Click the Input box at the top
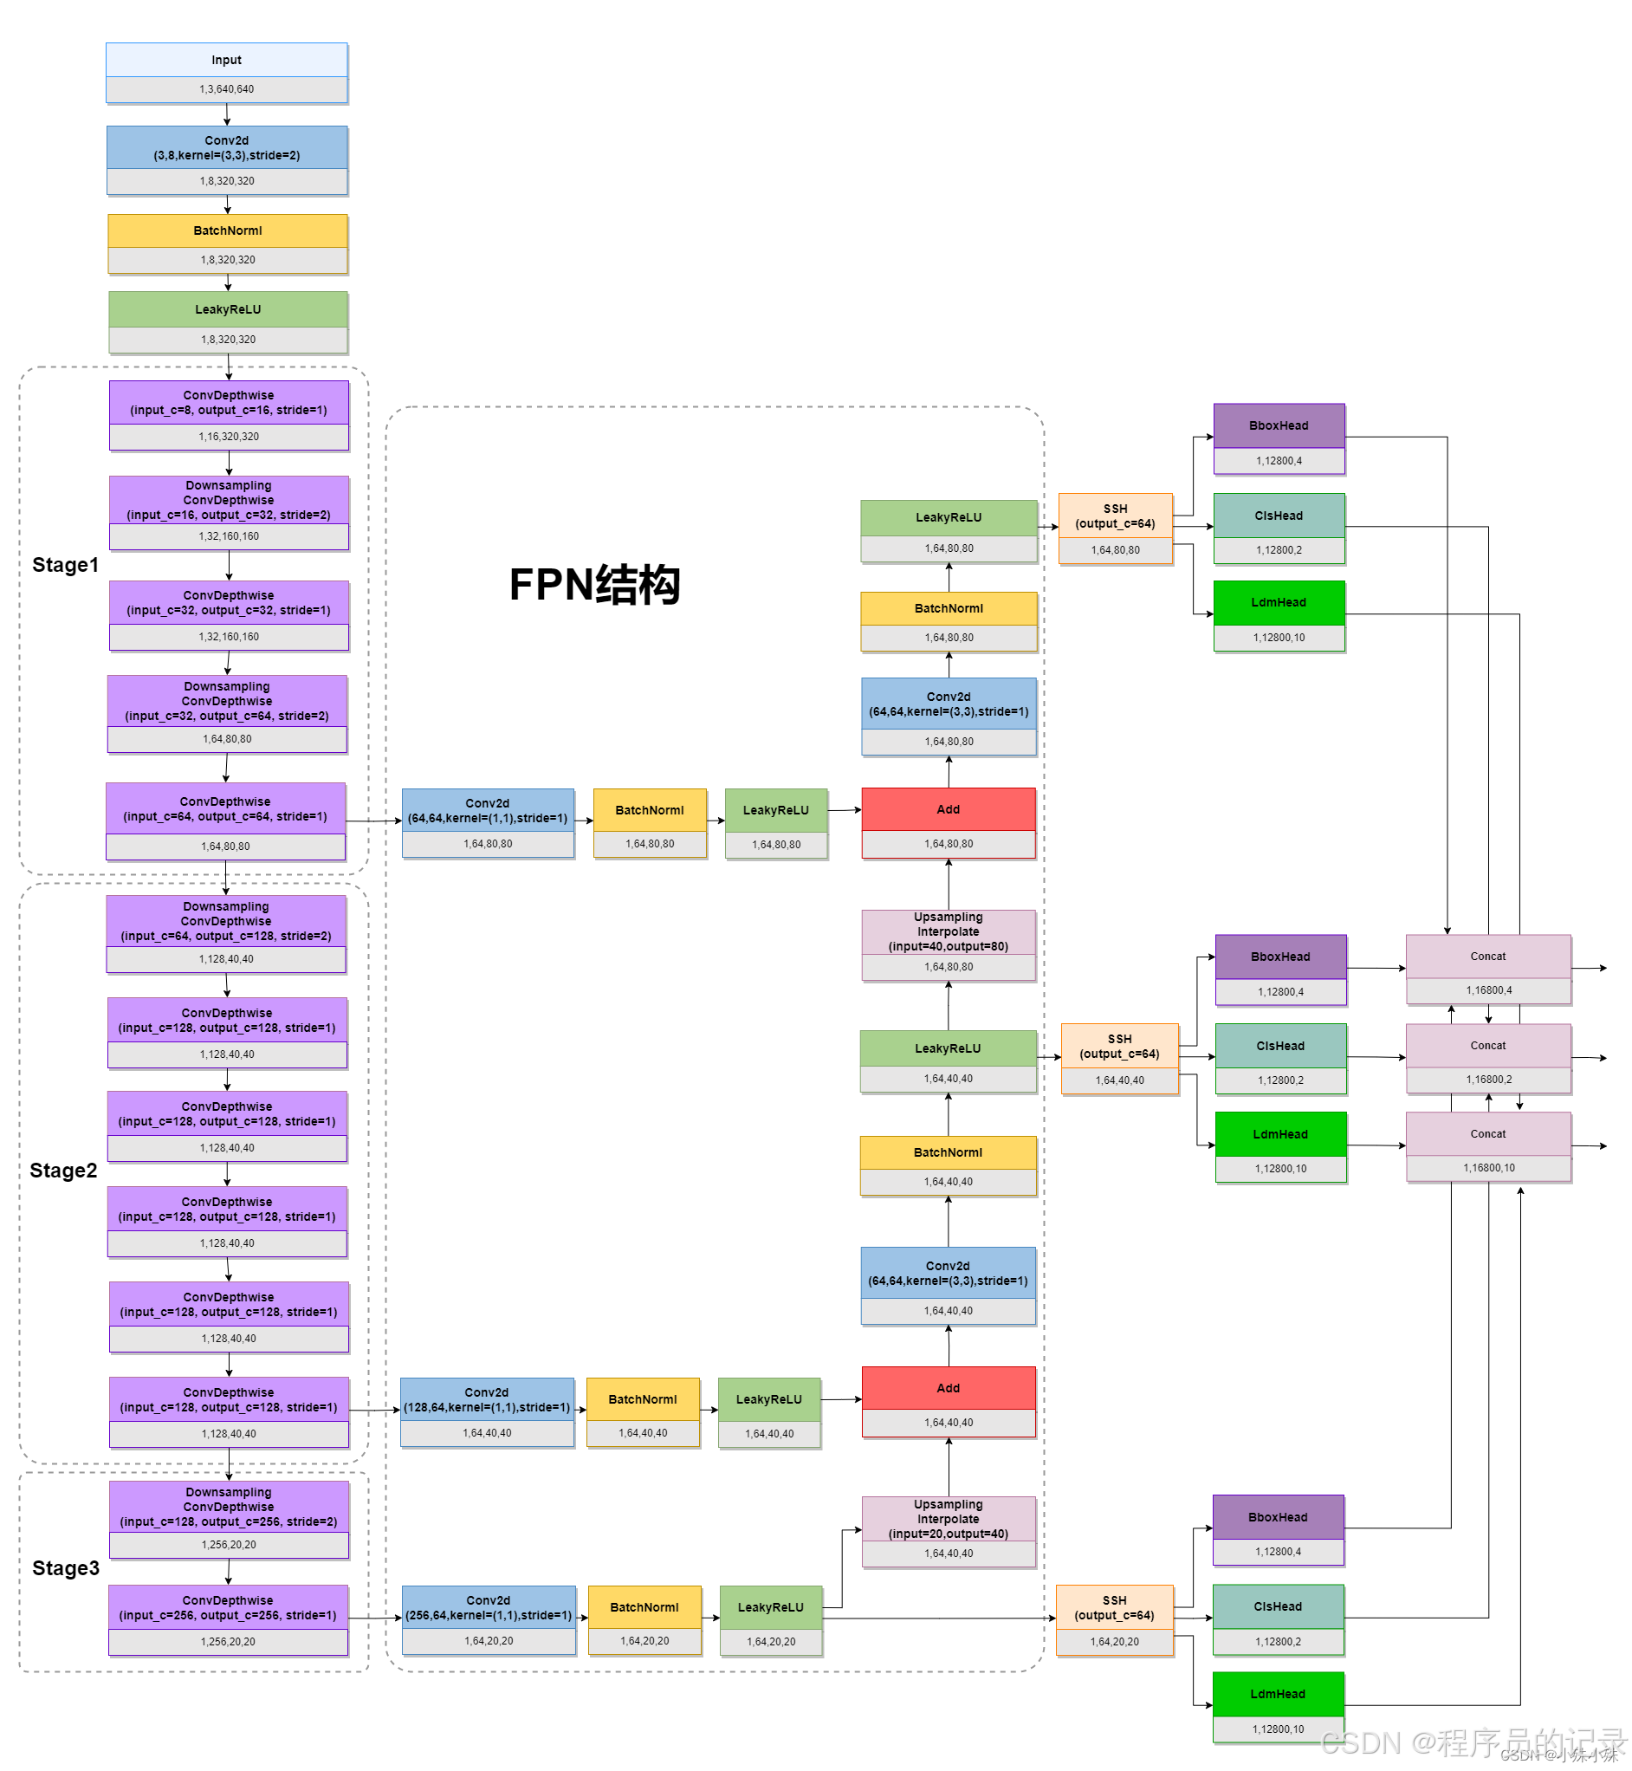pos(226,60)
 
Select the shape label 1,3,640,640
pos(226,89)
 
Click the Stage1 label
pos(65,565)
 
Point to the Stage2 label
pos(63,1171)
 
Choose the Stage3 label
pos(65,1568)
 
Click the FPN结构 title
pos(594,585)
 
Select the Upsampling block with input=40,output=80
pos(949,933)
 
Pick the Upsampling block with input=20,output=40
pos(949,1519)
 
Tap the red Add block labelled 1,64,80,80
pos(949,810)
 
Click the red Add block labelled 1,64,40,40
pos(949,1389)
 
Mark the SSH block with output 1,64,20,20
pos(1115,1608)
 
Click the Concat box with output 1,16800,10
pos(1488,1134)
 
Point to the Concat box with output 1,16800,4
pos(1488,957)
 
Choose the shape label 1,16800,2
pos(1489,1080)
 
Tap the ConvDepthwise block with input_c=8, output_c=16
pos(229,403)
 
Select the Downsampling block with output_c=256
pos(229,1507)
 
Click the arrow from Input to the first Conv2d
pos(227,115)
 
